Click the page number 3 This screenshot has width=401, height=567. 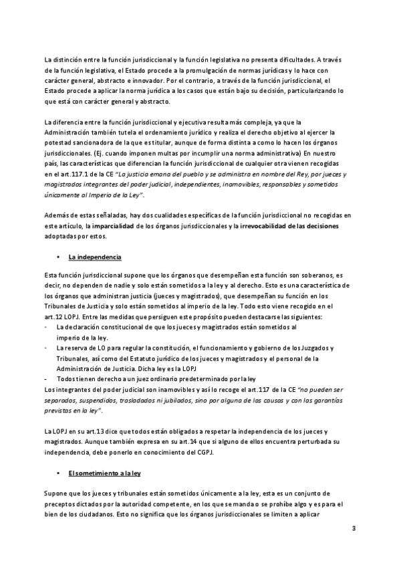354,529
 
